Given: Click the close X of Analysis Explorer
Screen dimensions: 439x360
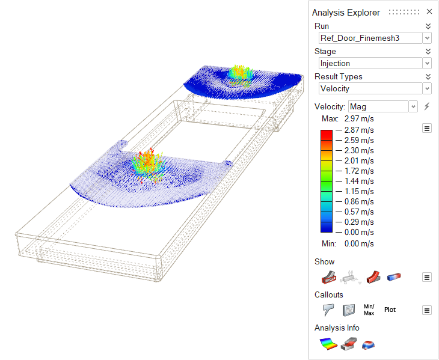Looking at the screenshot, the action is [x=429, y=11].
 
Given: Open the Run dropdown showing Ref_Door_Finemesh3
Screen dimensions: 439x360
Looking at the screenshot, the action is [x=375, y=38].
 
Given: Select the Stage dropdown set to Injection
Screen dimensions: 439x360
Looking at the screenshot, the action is [x=375, y=63].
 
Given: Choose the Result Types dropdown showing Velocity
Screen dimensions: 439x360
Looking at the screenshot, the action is [x=375, y=88].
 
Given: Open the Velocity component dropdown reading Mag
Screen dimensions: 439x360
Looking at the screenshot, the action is [x=383, y=106].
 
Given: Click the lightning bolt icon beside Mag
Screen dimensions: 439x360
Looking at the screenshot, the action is [x=427, y=106].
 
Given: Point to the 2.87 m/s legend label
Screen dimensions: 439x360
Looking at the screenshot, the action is [x=359, y=130].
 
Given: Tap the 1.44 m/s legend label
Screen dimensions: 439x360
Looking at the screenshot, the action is [x=359, y=182].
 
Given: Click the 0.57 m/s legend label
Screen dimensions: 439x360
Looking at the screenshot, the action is [x=359, y=212].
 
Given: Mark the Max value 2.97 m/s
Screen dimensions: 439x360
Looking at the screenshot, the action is [x=359, y=118].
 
